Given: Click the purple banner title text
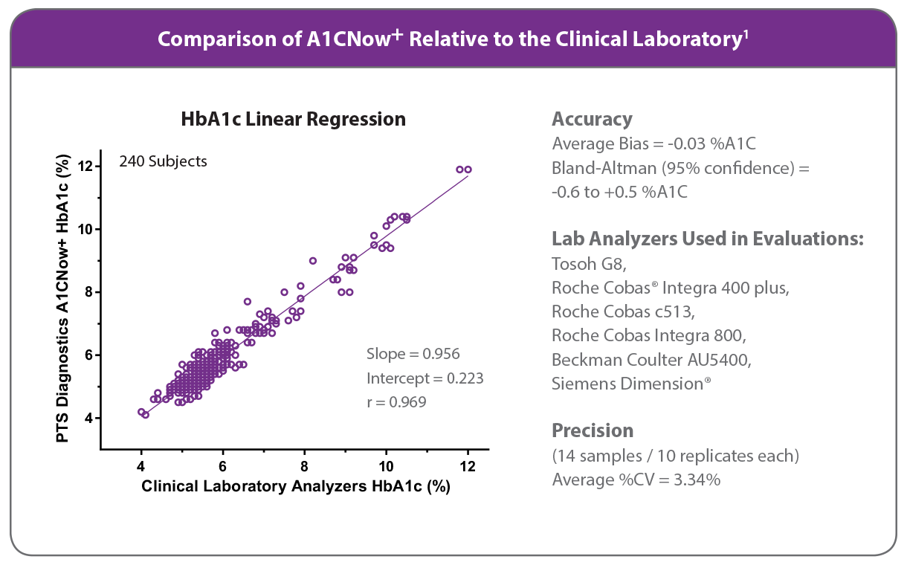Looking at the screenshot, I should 452,39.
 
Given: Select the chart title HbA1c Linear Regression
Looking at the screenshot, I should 294,119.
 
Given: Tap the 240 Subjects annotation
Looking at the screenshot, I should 163,161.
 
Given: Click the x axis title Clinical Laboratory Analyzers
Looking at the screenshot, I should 296,487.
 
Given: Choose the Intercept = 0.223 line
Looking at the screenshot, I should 425,378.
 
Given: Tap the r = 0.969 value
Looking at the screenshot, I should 396,402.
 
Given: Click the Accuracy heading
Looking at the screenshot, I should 592,120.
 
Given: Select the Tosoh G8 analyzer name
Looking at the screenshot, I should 584,263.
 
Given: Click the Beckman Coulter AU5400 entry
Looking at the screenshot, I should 651,360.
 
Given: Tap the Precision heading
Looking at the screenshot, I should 593,430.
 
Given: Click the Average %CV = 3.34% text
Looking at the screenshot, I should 636,480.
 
